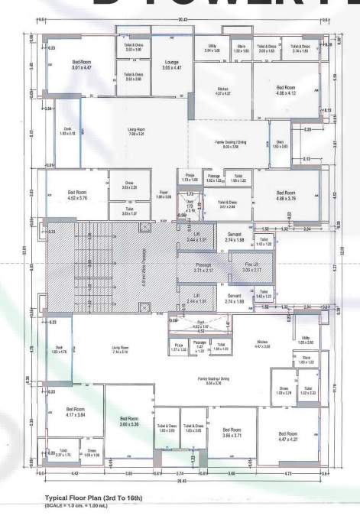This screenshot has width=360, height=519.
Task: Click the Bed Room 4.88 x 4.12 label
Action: (x=285, y=91)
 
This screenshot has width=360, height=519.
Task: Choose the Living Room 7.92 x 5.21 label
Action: (x=137, y=131)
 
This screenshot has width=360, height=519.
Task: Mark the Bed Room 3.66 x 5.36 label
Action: (x=128, y=422)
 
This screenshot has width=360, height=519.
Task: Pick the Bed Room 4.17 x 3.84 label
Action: (x=76, y=412)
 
